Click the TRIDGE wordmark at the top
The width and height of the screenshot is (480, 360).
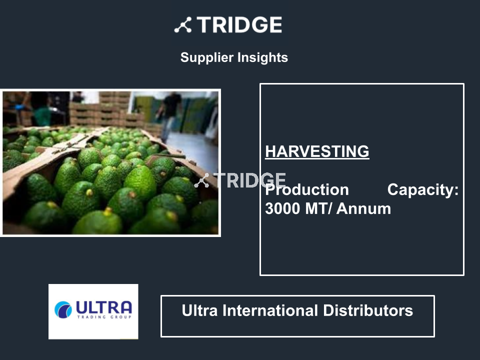[x=239, y=25]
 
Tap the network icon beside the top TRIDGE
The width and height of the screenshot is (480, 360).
[x=183, y=25]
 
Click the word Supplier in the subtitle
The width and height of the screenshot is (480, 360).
[x=207, y=57]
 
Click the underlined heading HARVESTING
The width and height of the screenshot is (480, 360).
[x=317, y=151]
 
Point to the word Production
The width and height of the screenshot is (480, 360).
[x=307, y=190]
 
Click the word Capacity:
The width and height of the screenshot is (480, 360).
[x=423, y=190]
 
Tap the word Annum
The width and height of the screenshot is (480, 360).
[x=363, y=209]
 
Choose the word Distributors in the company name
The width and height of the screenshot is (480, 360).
[x=368, y=310]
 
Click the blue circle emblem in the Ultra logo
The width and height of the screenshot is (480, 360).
[x=63, y=309]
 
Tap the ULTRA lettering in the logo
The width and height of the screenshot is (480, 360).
[x=104, y=307]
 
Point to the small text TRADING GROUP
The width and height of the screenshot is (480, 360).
[x=104, y=317]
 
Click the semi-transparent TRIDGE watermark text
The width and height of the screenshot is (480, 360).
[x=249, y=180]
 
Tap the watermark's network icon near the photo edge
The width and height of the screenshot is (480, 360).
[x=201, y=180]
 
